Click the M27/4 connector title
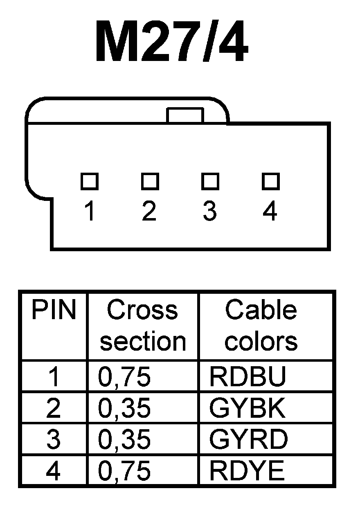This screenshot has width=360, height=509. [x=172, y=41]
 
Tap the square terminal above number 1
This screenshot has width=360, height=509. [x=89, y=181]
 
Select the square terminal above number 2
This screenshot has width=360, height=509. [x=150, y=181]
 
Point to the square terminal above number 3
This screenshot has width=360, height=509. [x=209, y=181]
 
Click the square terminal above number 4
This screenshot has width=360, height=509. [x=270, y=181]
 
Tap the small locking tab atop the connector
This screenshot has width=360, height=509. [x=185, y=115]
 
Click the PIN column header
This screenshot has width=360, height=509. [x=54, y=311]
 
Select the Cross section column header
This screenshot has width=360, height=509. [x=143, y=326]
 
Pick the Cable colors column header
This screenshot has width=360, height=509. [x=261, y=326]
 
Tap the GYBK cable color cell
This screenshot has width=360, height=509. [x=247, y=408]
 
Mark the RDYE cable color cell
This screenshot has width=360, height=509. [x=246, y=471]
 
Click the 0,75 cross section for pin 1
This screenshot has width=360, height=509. [x=124, y=377]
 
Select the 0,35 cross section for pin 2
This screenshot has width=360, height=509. [x=124, y=408]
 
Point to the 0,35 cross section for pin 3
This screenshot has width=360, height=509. [x=124, y=439]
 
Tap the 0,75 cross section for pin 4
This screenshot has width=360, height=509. [x=124, y=471]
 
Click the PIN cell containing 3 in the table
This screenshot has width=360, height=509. [x=54, y=439]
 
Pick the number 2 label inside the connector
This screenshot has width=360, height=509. [x=149, y=212]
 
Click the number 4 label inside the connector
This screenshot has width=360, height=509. [x=270, y=212]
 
